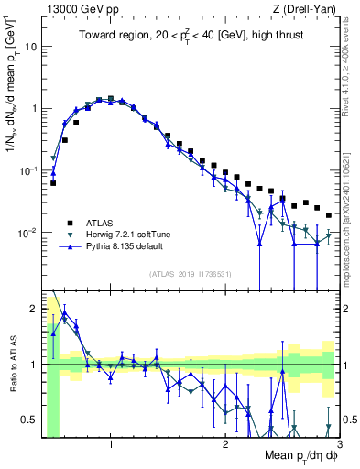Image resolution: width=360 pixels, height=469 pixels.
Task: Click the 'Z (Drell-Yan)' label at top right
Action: [307, 8]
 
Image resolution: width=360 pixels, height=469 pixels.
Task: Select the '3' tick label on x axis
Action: [339, 444]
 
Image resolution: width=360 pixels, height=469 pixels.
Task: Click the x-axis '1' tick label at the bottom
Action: [111, 444]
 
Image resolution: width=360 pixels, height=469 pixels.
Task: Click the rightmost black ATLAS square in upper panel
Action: [329, 215]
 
